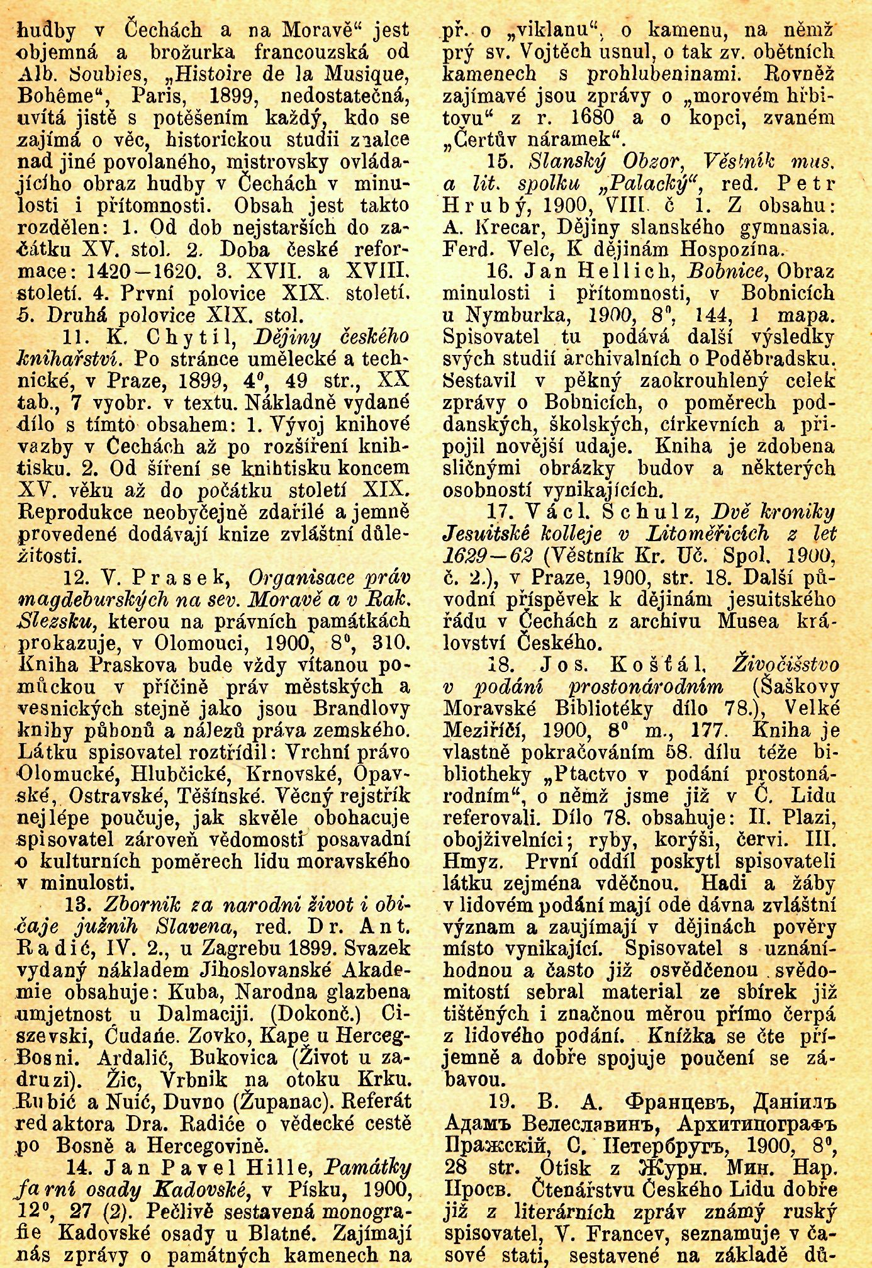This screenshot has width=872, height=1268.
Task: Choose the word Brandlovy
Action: tap(361, 709)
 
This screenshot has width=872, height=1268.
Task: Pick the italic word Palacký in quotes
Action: tap(641, 184)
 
